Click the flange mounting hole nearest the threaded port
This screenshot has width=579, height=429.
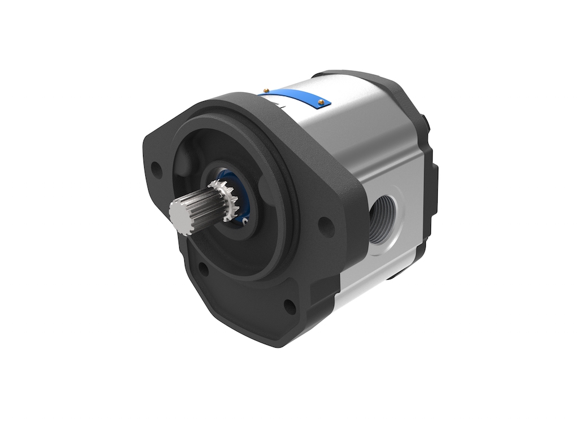tap(323, 224)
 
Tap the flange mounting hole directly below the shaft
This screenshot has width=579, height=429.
tap(204, 270)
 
